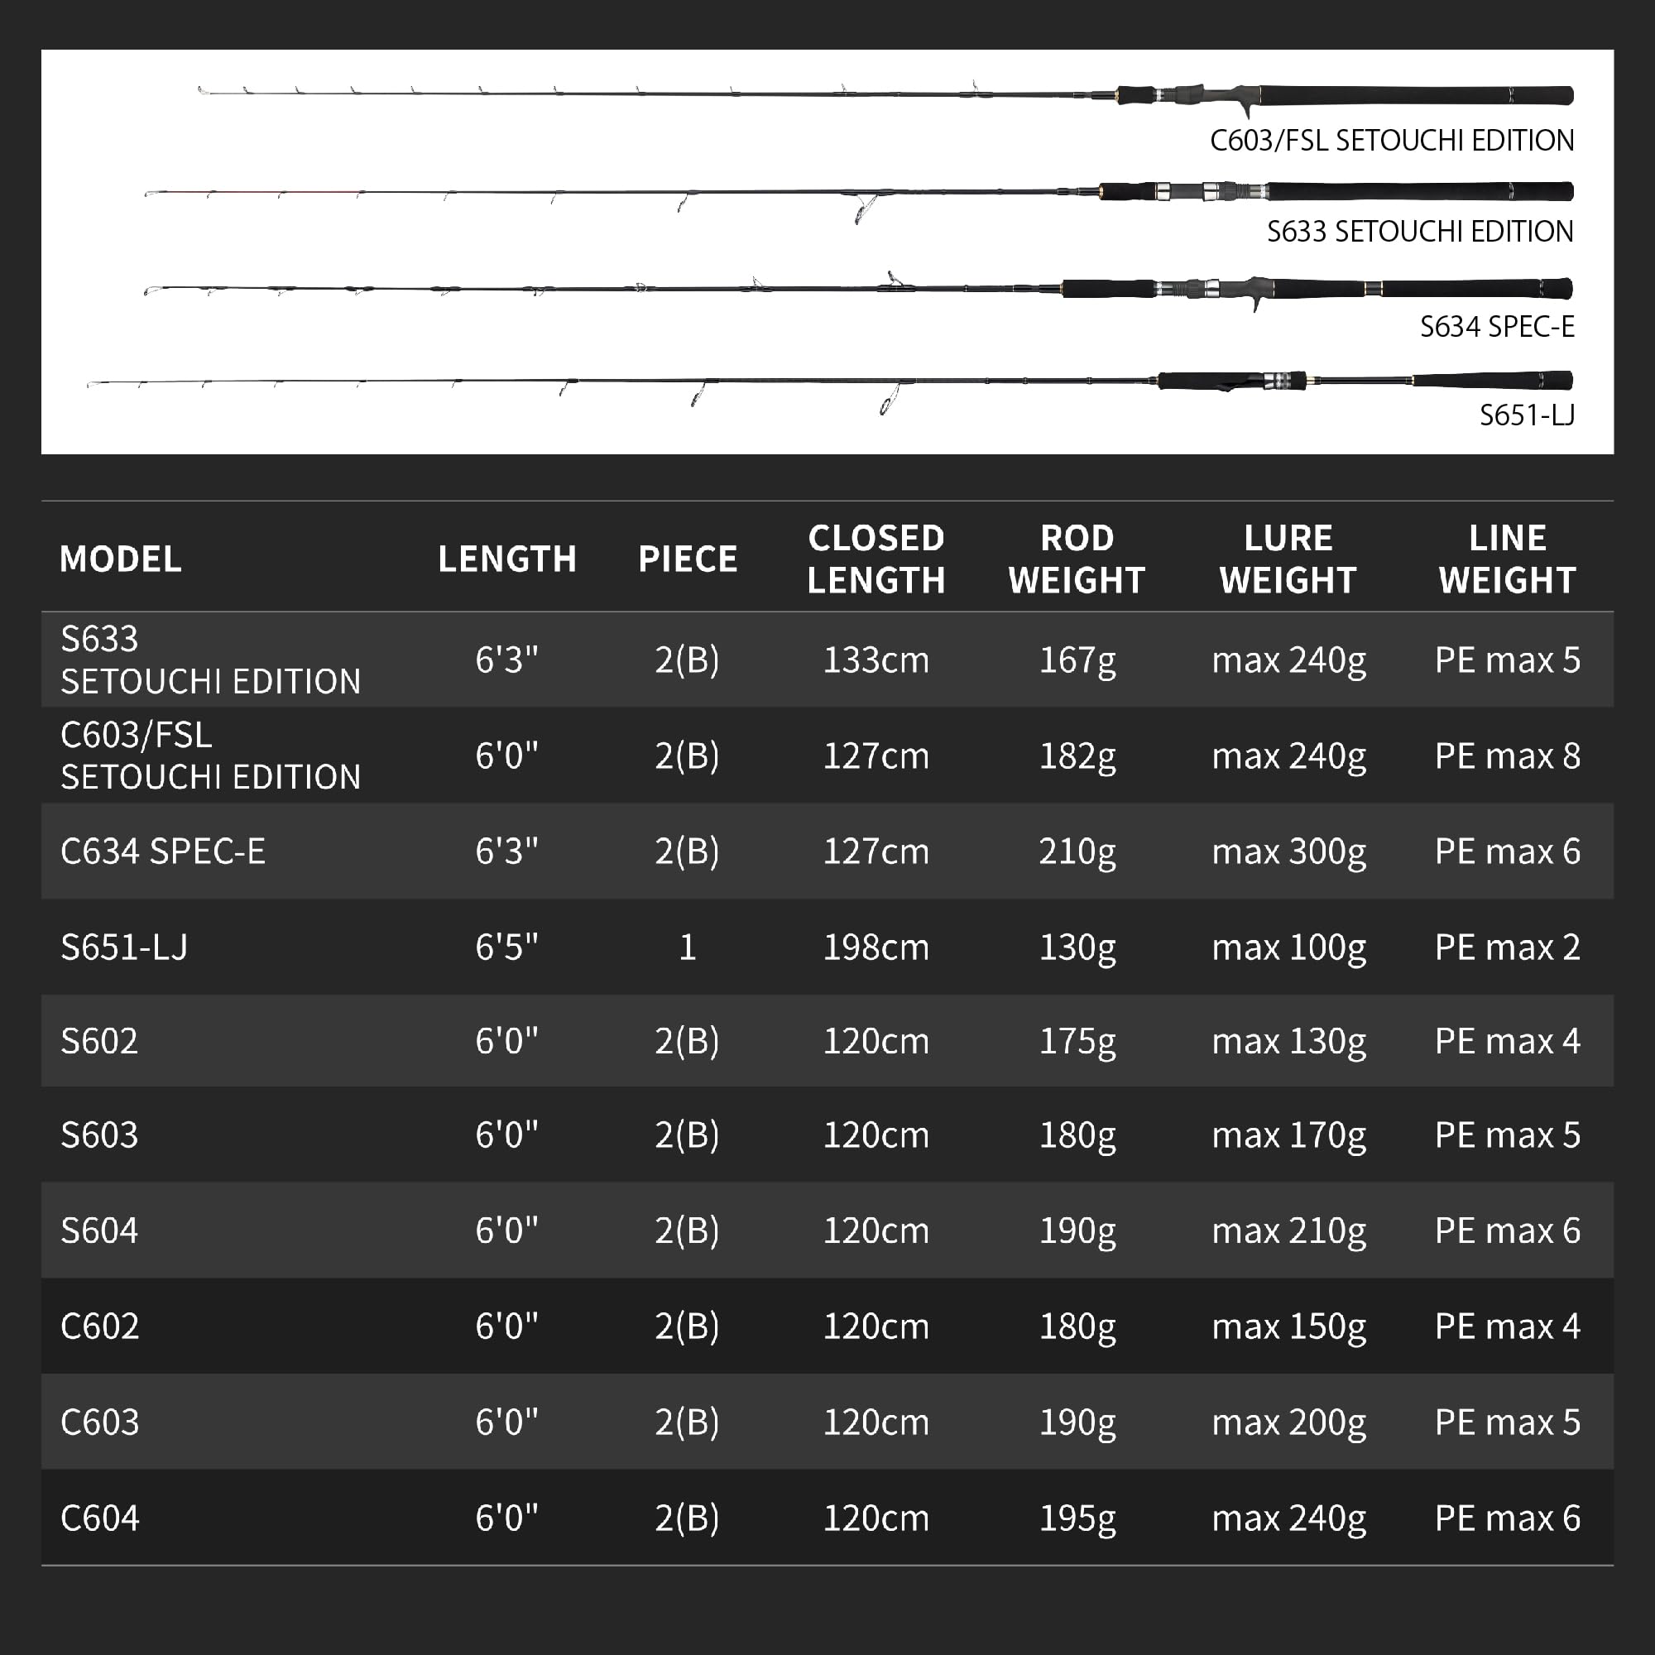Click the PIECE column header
687,559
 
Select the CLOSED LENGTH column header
875,559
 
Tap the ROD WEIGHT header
1077,559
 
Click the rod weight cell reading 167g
1077,660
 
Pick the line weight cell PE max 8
1507,756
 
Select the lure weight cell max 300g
1288,851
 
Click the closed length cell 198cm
875,947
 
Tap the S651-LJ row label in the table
124,947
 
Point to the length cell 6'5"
506,947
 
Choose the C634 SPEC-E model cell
163,851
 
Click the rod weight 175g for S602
1077,1041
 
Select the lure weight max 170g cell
1288,1135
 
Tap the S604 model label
99,1230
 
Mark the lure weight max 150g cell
1288,1326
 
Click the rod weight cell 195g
1077,1518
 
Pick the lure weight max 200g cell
1288,1422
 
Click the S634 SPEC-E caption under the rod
1496,326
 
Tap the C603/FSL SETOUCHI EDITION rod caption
1391,141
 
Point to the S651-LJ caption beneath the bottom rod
1527,415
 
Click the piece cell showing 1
687,947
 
